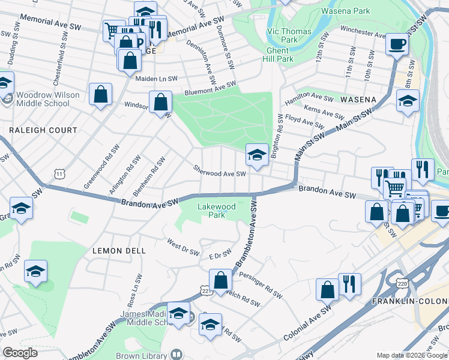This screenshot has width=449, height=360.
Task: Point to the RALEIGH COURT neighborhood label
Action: tap(43, 130)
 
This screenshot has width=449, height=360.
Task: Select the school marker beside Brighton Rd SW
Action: tap(256, 155)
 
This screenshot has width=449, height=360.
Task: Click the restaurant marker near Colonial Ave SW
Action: tap(349, 285)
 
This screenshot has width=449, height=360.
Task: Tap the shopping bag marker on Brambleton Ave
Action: tap(220, 280)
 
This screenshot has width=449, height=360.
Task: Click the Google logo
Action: tap(20, 353)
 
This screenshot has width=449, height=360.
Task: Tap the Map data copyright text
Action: tap(412, 355)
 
